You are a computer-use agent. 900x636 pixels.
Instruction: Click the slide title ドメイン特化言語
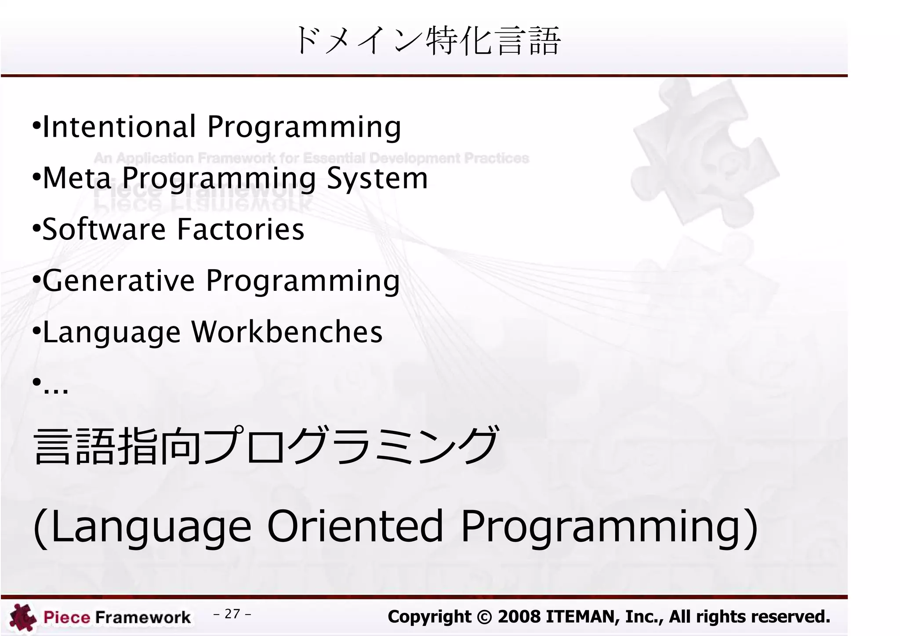pos(428,40)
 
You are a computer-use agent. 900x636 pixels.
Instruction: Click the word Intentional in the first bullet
pos(119,127)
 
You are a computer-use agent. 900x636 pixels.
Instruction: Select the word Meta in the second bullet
pos(77,178)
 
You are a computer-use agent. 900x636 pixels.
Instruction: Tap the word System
pos(377,178)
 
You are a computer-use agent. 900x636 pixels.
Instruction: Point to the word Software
pos(104,229)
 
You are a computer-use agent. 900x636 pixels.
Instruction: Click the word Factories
pos(240,229)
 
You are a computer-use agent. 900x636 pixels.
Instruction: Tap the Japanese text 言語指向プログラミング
pos(266,446)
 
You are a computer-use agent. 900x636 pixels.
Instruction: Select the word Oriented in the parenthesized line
pos(355,526)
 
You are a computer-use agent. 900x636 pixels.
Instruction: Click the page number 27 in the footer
pos(232,614)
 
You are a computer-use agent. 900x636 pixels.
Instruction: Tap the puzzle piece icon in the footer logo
pos(23,618)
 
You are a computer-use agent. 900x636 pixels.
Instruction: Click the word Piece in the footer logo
pos(67,618)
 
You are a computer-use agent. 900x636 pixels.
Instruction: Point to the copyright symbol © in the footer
pos(484,617)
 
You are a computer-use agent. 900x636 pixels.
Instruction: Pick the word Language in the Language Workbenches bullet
pos(112,332)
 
